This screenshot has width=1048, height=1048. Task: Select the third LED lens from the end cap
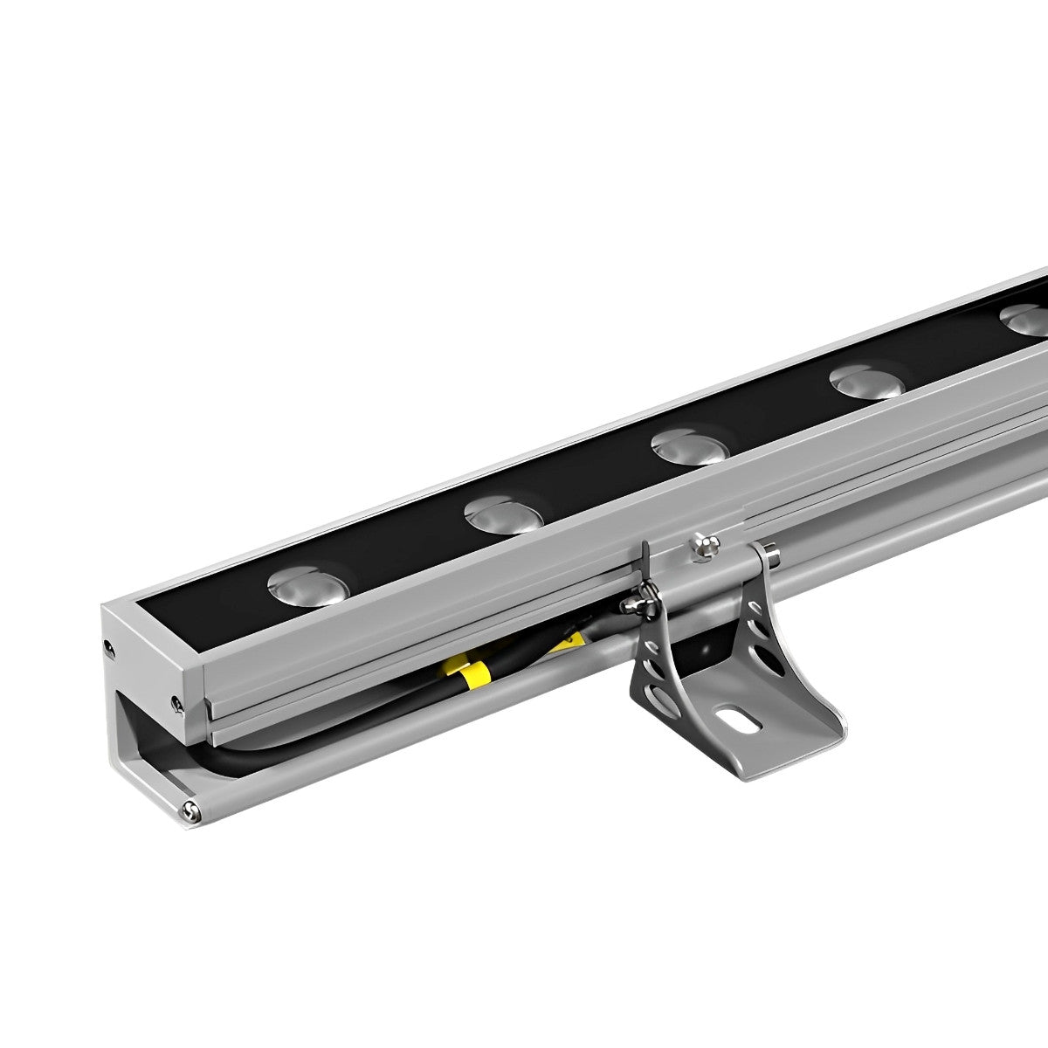coord(690,448)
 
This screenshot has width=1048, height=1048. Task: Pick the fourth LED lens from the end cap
coord(866,382)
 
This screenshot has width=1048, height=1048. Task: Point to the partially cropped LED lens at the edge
coord(1026,319)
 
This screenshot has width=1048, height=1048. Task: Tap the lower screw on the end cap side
coord(177,703)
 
